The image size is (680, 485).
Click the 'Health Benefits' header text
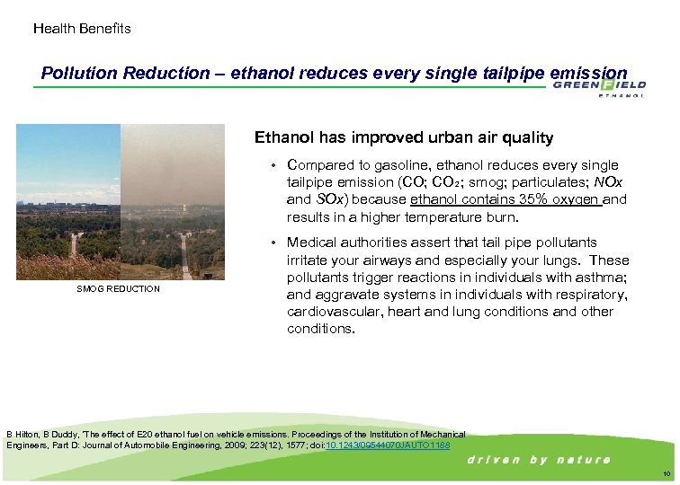(82, 29)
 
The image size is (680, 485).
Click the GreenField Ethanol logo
(598, 87)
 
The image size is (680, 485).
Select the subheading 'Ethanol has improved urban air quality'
(404, 137)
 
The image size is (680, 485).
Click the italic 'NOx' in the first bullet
(600, 182)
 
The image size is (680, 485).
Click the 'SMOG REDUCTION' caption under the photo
(118, 289)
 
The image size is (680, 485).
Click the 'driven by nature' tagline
(539, 460)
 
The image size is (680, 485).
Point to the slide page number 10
(666, 473)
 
